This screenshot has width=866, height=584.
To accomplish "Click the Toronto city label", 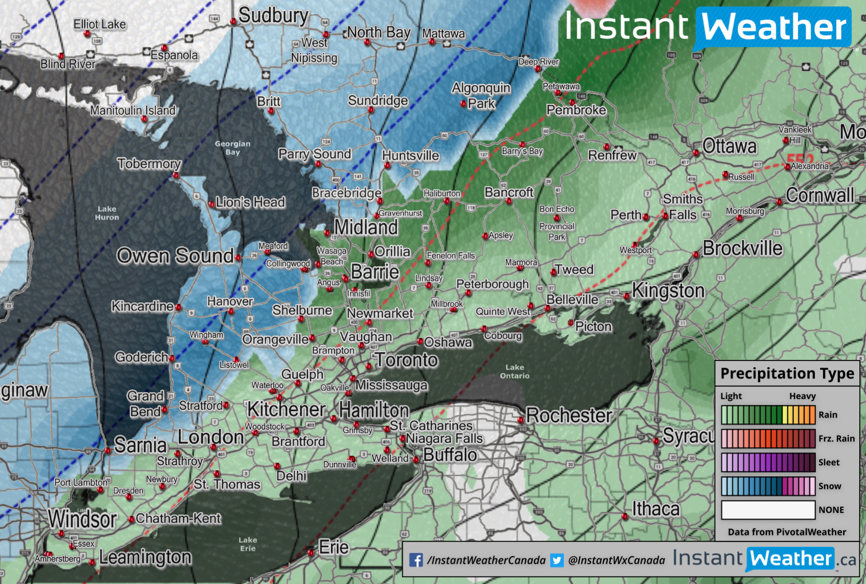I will tap(406, 359).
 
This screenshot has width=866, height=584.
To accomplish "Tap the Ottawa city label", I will tap(730, 146).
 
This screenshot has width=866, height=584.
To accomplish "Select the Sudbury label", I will tap(273, 15).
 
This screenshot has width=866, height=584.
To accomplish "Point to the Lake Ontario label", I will tap(515, 371).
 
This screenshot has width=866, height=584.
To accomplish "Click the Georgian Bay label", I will tap(232, 147).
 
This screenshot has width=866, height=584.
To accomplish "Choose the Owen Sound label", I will tap(175, 256).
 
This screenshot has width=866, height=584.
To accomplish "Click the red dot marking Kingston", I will tap(626, 296).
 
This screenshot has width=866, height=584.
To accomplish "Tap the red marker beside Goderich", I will tap(172, 358).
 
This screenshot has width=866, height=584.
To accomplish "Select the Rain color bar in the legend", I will tap(768, 415).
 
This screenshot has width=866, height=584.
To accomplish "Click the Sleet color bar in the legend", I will tap(768, 462).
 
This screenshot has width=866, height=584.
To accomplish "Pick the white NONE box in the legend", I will tap(768, 510).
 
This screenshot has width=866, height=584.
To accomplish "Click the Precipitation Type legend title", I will tap(787, 373).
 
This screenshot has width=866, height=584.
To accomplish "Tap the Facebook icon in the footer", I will tap(416, 560).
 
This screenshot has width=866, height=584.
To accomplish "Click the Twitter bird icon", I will tap(557, 560).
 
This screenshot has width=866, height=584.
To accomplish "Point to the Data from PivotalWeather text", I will tap(787, 532).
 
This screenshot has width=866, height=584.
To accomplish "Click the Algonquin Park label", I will tap(481, 95).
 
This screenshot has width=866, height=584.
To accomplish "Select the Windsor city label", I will tap(82, 519).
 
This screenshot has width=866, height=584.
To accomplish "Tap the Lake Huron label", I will tap(107, 213).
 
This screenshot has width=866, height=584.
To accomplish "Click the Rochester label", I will tap(569, 416).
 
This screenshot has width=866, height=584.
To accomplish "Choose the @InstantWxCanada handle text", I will tap(616, 560).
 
